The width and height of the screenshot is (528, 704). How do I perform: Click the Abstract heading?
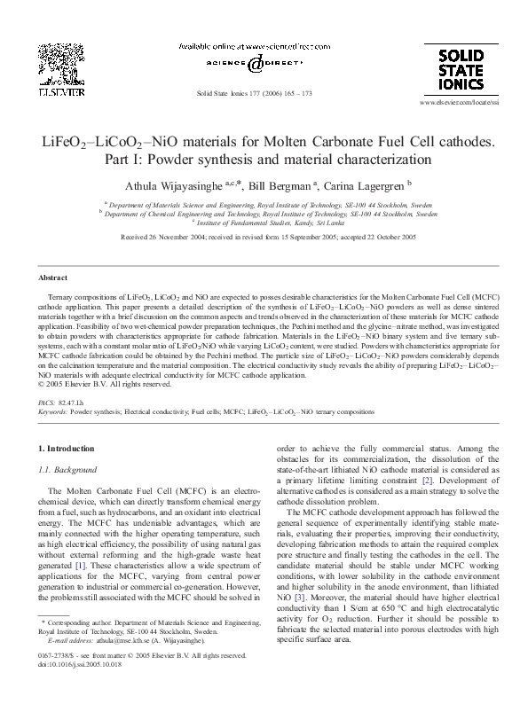(55, 278)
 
